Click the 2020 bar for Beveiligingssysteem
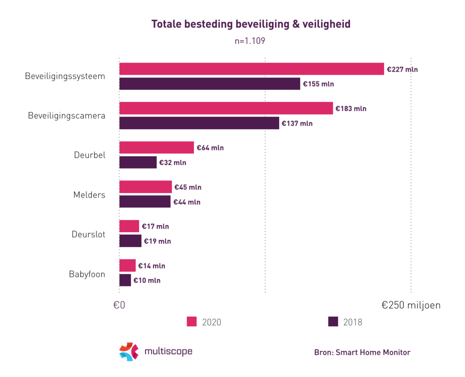[252, 69]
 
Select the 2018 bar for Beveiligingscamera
[199, 123]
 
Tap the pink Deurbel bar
[157, 147]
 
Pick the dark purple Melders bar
[145, 202]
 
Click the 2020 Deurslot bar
[129, 226]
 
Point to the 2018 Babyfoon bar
[125, 280]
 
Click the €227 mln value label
[402, 69]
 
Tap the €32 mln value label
[173, 162]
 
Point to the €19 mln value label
[157, 241]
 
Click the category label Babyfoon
[87, 274]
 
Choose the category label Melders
[89, 195]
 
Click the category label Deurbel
[89, 155]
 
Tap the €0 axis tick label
[119, 305]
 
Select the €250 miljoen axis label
[411, 305]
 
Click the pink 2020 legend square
[192, 322]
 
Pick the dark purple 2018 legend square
[333, 322]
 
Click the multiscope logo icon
[129, 352]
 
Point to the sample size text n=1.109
[250, 41]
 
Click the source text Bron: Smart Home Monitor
[362, 352]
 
